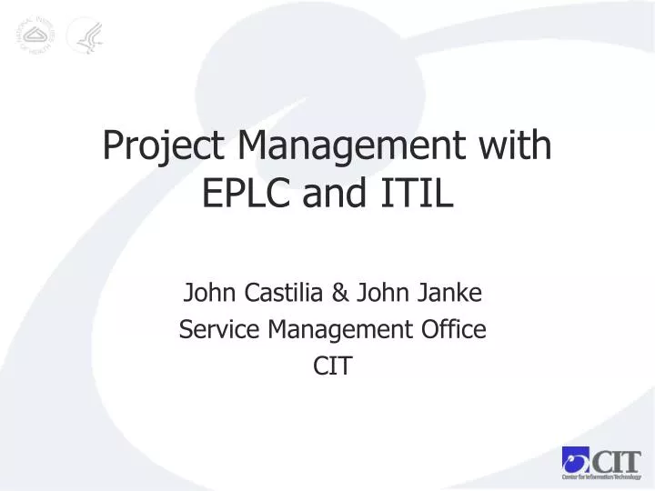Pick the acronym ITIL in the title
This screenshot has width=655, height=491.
point(420,194)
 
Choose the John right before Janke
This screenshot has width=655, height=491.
point(381,293)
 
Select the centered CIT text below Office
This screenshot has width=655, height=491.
point(332,366)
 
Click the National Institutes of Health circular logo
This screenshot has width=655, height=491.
point(35,35)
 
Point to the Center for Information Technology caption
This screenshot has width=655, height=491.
point(601,477)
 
